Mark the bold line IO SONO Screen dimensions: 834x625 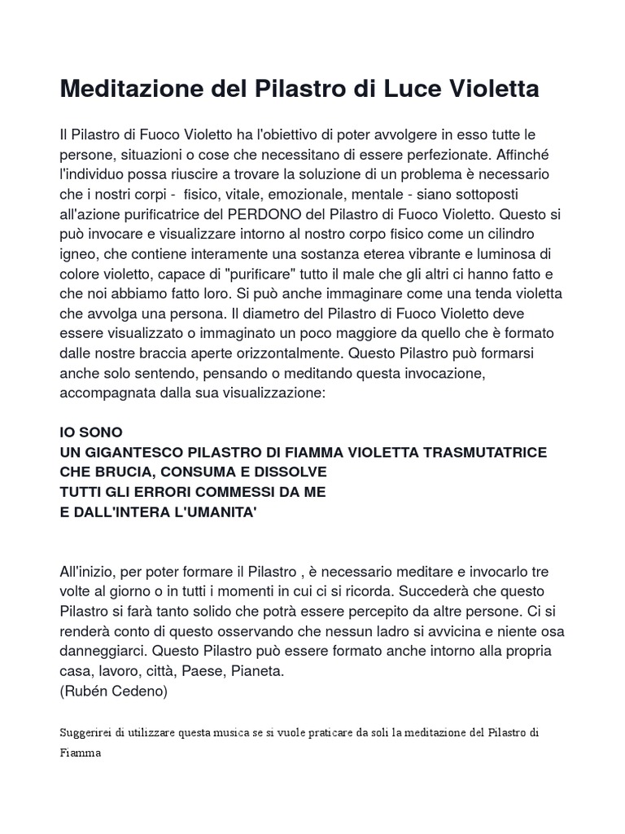tap(91, 432)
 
